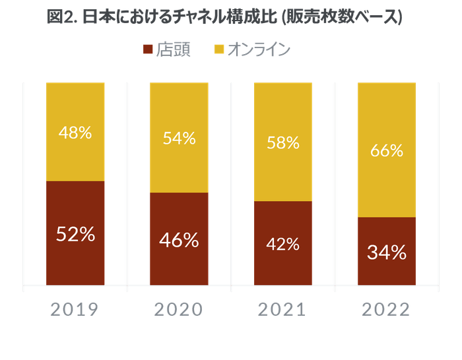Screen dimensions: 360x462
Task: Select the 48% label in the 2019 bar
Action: pyautogui.click(x=75, y=133)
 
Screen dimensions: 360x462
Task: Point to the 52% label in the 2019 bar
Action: pyautogui.click(x=75, y=233)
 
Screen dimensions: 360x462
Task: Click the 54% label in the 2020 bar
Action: pyautogui.click(x=179, y=138)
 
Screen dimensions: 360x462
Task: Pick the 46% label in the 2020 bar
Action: pyautogui.click(x=179, y=240)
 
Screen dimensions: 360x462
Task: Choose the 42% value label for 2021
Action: pyautogui.click(x=283, y=244)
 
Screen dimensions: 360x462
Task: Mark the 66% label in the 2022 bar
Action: pyautogui.click(x=387, y=150)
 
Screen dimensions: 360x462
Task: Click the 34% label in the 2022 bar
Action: pyautogui.click(x=387, y=252)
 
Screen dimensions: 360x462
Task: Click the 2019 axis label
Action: pyautogui.click(x=75, y=309)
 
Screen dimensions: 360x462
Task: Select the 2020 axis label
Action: pyautogui.click(x=179, y=309)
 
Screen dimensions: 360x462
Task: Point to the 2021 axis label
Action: pyautogui.click(x=283, y=309)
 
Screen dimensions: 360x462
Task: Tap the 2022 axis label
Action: pyautogui.click(x=387, y=309)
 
